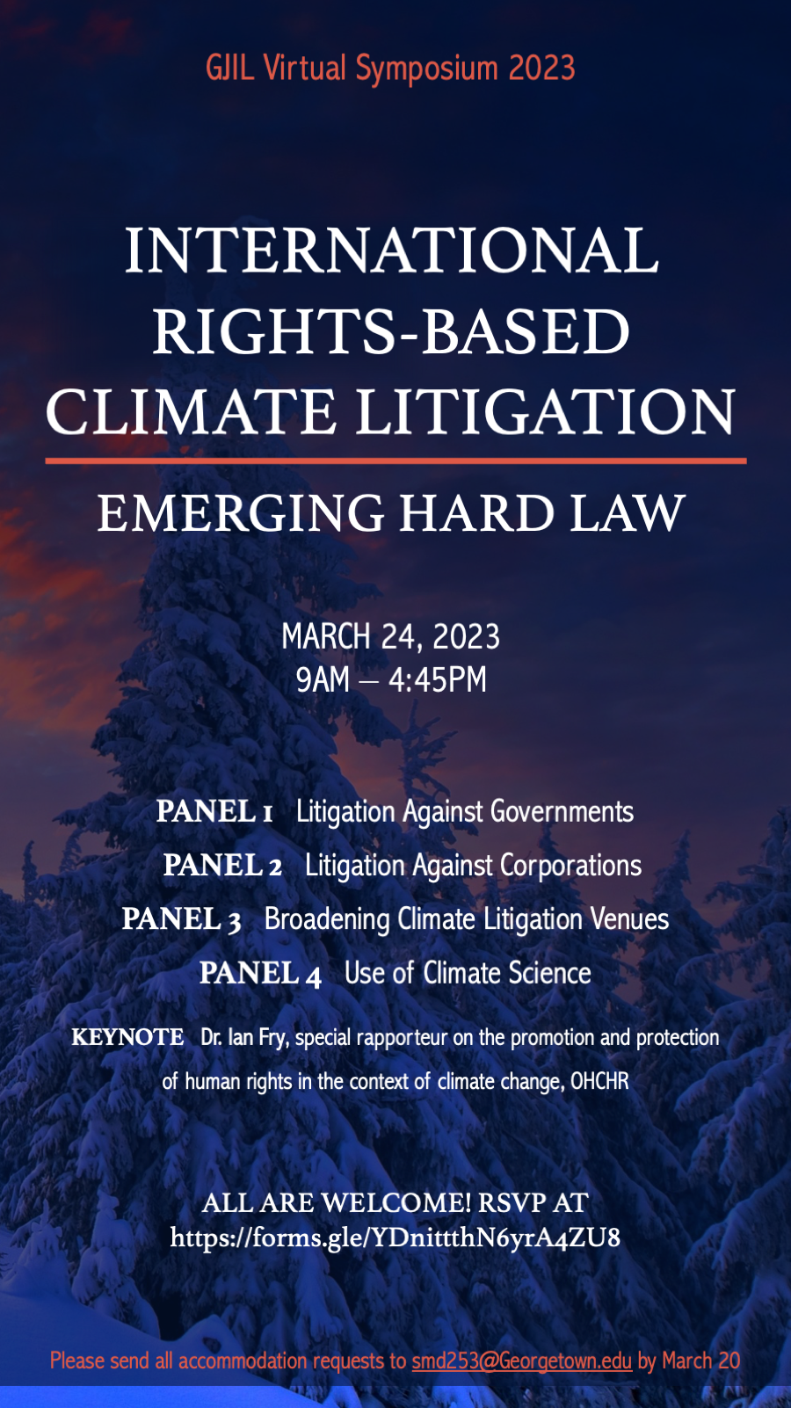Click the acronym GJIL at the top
[x=230, y=68]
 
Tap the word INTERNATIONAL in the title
[x=392, y=250]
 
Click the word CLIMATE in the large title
[x=190, y=411]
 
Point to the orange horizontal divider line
[x=395, y=461]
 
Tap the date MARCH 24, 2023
[x=390, y=636]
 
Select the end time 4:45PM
[x=438, y=679]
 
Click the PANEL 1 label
[x=214, y=811]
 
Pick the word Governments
[x=562, y=811]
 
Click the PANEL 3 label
[x=181, y=919]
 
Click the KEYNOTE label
[x=127, y=1036]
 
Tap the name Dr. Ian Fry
[x=244, y=1038]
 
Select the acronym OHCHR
[x=599, y=1081]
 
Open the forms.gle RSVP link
[x=395, y=1237]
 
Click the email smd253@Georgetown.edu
[x=522, y=1361]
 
